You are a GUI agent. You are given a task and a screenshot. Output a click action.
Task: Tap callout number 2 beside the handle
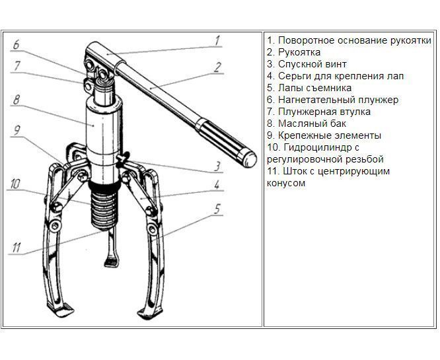tap(217, 66)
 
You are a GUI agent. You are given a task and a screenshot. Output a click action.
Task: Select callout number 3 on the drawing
tap(216, 166)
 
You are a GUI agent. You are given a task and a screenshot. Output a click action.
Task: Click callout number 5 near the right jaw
tap(216, 208)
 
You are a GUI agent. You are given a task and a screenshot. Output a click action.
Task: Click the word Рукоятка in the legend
tap(298, 52)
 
